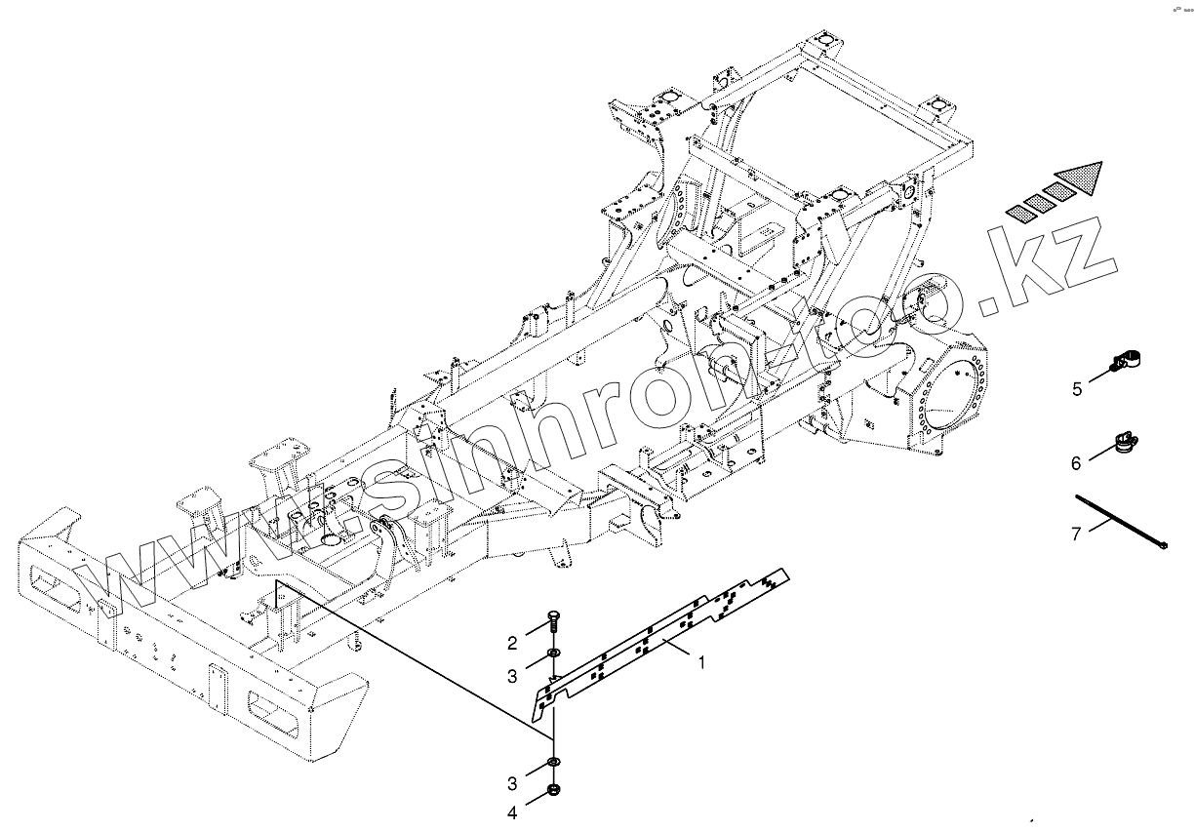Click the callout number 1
[x=700, y=662]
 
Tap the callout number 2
[x=510, y=642]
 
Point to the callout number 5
[x=1077, y=389]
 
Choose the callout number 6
[x=1076, y=463]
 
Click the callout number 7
[x=1076, y=533]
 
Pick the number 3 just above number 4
[x=510, y=783]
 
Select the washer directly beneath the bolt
[x=553, y=652]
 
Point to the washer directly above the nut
[x=553, y=762]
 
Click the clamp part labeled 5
[x=1127, y=361]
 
